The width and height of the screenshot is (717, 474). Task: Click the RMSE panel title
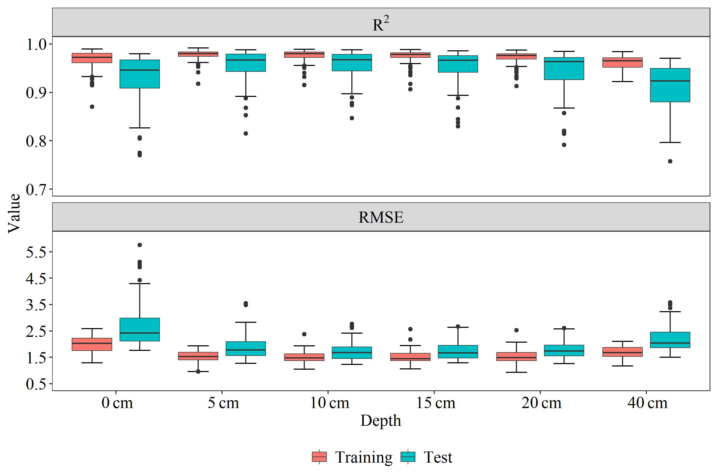380,217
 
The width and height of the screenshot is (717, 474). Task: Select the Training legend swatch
319,457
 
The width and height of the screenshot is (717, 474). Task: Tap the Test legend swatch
408,457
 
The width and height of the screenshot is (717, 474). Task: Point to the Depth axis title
380,421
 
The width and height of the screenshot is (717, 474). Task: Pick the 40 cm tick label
647,403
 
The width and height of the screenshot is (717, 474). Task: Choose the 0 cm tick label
117,403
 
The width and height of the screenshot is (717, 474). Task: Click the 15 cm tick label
435,403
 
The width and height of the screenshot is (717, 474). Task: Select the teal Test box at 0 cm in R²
139,74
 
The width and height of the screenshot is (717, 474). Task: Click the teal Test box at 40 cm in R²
670,85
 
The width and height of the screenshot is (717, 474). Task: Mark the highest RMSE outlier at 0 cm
139,245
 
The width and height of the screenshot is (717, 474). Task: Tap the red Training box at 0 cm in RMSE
92,344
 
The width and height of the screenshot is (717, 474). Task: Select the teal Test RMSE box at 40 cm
670,340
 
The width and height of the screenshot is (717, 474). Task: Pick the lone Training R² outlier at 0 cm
92,107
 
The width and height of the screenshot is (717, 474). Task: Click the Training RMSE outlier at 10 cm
304,334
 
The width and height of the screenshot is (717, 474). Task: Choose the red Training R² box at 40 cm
622,62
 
